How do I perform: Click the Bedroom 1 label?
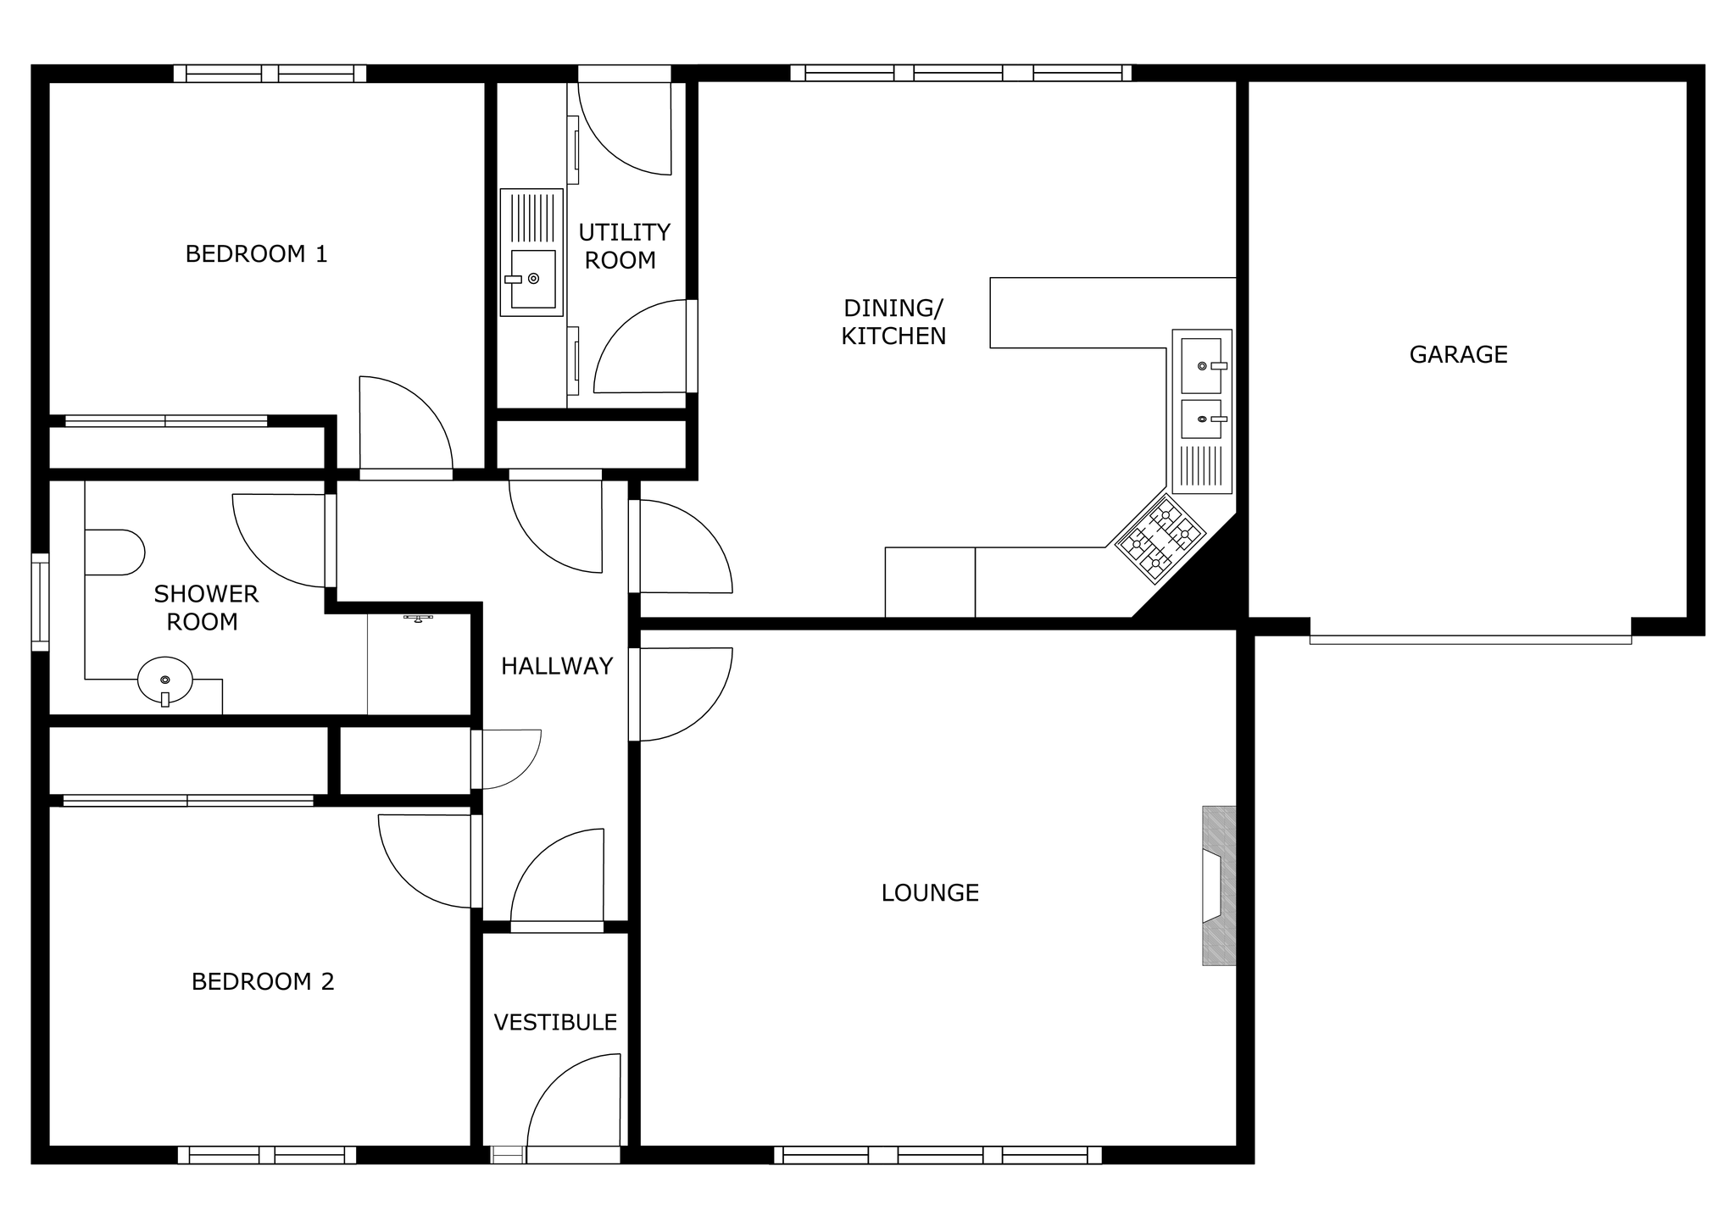[x=256, y=254]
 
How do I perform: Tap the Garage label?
[x=1458, y=354]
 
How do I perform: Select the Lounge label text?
[x=930, y=892]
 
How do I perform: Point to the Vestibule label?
[x=555, y=1022]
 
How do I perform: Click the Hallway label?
[x=556, y=666]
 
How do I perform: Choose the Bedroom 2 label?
[x=263, y=981]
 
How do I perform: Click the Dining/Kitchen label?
[x=893, y=322]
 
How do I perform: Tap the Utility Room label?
[x=624, y=246]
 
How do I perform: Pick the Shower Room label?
[x=205, y=608]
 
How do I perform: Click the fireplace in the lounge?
[x=1219, y=886]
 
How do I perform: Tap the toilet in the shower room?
[x=114, y=552]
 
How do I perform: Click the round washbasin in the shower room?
[x=165, y=680]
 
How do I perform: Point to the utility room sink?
[x=531, y=253]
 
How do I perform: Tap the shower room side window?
[x=40, y=602]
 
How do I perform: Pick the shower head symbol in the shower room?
[x=418, y=619]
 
